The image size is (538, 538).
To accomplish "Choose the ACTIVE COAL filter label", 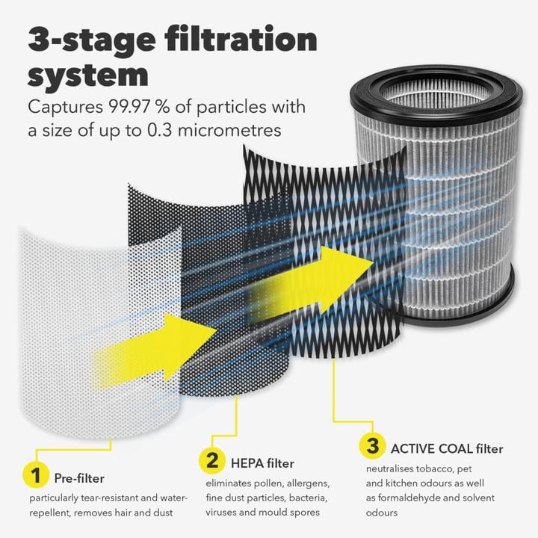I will pyautogui.click(x=447, y=449).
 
